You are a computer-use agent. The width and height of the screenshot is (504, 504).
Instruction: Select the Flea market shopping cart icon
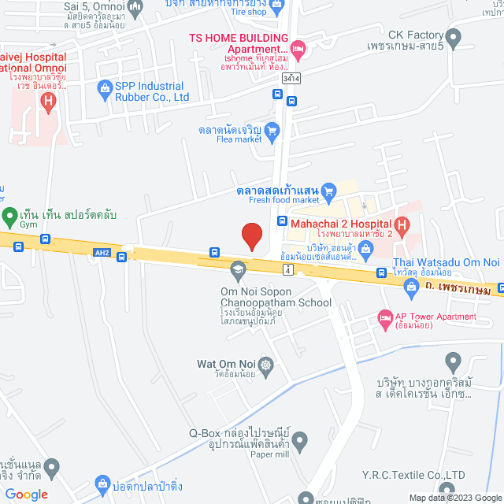(272, 131)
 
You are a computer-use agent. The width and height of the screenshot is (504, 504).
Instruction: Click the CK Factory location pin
(453, 36)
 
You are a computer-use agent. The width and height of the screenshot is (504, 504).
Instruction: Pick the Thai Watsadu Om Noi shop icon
(410, 290)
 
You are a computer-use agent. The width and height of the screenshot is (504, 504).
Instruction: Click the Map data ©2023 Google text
(453, 498)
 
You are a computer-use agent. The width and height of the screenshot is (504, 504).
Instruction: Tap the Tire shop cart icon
(276, 7)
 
